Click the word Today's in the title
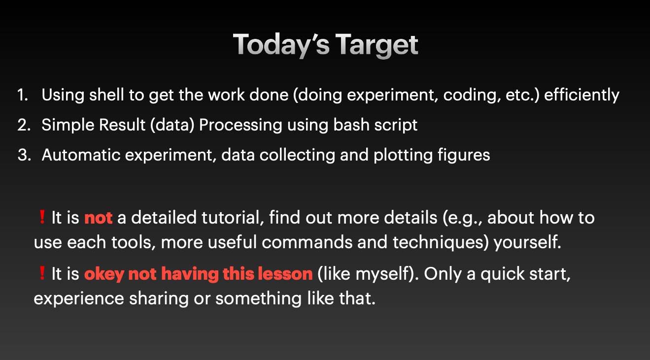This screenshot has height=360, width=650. [x=281, y=45]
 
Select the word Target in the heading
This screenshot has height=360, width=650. [x=376, y=45]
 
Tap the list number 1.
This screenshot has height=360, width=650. [x=22, y=95]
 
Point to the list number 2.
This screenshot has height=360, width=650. [x=24, y=125]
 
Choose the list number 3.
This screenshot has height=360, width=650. [x=24, y=155]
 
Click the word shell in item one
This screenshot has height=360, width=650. [x=106, y=95]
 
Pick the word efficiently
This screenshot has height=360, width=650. [x=582, y=96]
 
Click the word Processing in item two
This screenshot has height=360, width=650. [x=240, y=126]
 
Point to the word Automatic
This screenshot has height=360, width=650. [x=81, y=155]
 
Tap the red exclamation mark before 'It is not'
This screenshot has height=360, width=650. [x=42, y=217]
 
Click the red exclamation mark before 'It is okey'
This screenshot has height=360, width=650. [x=42, y=273]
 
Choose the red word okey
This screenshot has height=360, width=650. [x=104, y=274]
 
